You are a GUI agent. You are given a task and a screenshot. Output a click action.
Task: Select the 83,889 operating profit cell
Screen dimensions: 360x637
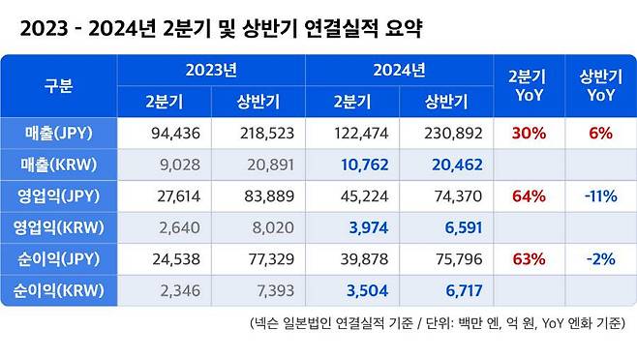[263, 196]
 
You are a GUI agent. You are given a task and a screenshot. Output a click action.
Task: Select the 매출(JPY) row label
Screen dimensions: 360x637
[59, 133]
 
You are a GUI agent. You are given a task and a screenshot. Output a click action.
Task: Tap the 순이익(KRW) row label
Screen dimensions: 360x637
[59, 291]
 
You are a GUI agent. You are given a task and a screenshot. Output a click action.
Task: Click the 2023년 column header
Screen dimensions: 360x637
[211, 70]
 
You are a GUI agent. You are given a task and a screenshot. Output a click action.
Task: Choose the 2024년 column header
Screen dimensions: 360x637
[400, 70]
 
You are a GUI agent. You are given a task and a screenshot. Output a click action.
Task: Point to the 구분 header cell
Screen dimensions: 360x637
[59, 85]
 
